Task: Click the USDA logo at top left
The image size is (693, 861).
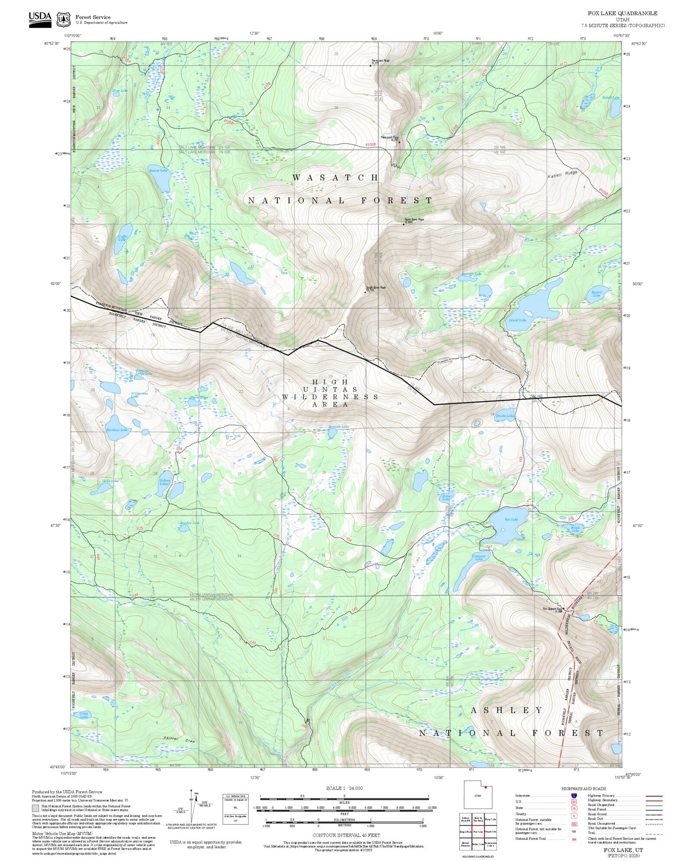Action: click(40, 19)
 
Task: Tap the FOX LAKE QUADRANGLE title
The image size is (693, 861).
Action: click(622, 13)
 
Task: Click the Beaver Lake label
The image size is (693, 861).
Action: click(158, 171)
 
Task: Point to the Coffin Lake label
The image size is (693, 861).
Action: click(122, 238)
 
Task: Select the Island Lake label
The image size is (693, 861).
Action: click(517, 320)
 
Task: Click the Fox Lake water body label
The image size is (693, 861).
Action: click(511, 519)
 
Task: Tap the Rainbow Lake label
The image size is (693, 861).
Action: click(116, 430)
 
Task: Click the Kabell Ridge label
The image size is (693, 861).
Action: click(562, 175)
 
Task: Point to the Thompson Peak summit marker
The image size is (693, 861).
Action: click(371, 66)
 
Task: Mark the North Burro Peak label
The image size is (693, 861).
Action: click(414, 220)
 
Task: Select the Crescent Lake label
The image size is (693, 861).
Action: click(479, 557)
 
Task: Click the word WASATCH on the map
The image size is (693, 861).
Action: click(335, 178)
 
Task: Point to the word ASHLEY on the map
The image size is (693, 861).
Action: click(506, 710)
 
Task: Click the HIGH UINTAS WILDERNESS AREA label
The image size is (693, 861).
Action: click(330, 393)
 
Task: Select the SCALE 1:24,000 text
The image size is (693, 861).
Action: click(344, 788)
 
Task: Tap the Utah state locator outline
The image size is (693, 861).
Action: click(478, 795)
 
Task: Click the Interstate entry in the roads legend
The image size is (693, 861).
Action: click(523, 796)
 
